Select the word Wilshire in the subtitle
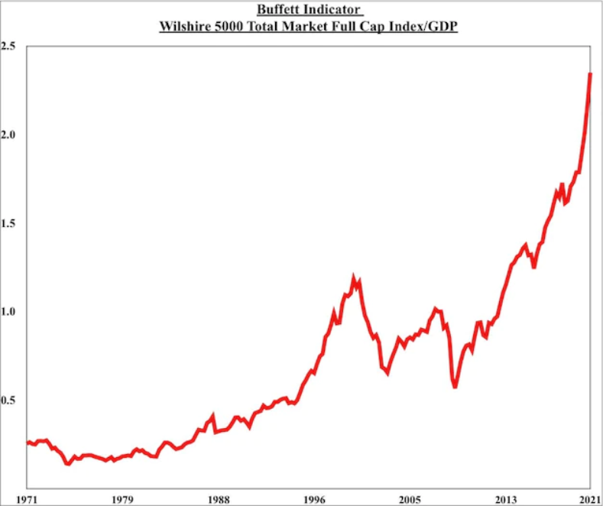pyautogui.click(x=183, y=27)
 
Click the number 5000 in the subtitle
pyautogui.click(x=228, y=27)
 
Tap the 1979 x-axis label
pyautogui.click(x=122, y=499)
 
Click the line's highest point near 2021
pyautogui.click(x=590, y=74)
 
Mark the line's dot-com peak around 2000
pyautogui.click(x=353, y=277)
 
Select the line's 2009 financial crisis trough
pyautogui.click(x=455, y=386)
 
